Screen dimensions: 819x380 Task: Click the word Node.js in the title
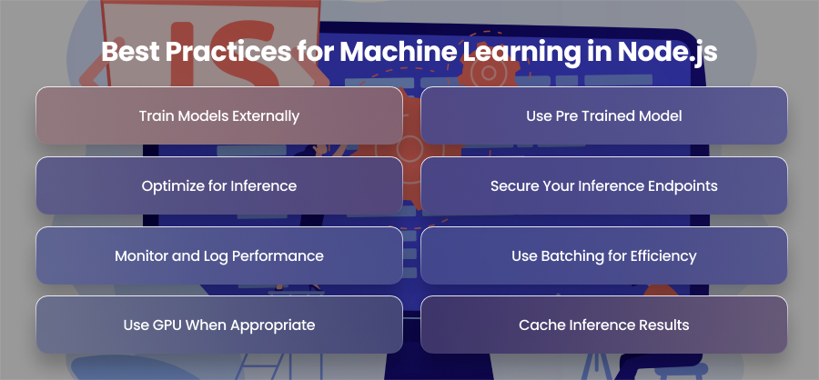click(667, 52)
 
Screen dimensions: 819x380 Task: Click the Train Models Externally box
click(219, 115)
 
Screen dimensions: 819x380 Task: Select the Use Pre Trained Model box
click(604, 115)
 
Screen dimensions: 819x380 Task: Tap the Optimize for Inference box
click(219, 185)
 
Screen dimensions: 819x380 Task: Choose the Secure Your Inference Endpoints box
click(604, 185)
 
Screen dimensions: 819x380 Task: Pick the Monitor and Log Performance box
click(219, 255)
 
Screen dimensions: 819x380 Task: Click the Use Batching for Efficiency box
click(604, 255)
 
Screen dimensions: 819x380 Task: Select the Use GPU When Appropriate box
click(219, 325)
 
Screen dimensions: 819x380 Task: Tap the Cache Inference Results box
click(604, 325)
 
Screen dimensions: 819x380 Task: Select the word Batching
click(573, 256)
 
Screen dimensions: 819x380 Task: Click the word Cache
click(534, 325)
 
